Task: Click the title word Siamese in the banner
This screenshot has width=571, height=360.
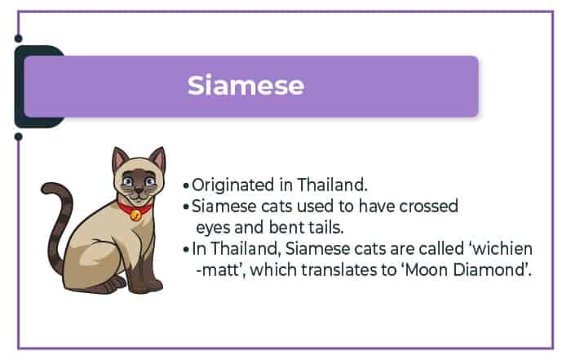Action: coord(246,85)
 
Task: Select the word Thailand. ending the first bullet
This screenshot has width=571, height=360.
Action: coord(332,184)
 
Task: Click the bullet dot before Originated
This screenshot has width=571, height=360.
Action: coord(186,186)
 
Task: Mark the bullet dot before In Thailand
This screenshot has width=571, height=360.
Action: coord(186,250)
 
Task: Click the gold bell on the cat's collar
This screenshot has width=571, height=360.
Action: coord(135,215)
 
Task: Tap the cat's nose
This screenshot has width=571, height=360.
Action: coord(139,189)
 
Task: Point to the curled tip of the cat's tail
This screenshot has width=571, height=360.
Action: coord(46,189)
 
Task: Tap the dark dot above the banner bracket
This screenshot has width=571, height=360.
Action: coord(18,38)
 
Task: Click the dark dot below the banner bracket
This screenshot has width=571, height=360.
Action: coord(18,137)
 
